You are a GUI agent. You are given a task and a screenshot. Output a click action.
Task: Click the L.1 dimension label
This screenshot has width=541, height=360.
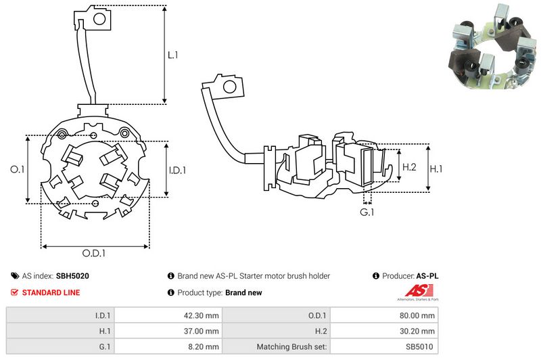tap(173, 56)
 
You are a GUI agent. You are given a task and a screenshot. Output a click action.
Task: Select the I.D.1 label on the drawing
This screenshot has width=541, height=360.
tap(177, 170)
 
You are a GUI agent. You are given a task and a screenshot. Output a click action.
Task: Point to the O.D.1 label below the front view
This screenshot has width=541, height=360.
tap(94, 254)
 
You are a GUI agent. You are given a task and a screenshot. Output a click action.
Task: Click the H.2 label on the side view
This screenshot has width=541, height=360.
tap(409, 166)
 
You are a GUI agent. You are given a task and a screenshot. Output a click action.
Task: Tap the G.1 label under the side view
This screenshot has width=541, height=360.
tap(367, 213)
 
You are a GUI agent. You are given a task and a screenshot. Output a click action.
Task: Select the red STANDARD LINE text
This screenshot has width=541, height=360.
tap(51, 292)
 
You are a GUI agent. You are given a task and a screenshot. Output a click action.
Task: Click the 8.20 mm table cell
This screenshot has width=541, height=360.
tap(202, 347)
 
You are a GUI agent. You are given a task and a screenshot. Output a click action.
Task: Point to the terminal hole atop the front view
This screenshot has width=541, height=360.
tap(97, 19)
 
